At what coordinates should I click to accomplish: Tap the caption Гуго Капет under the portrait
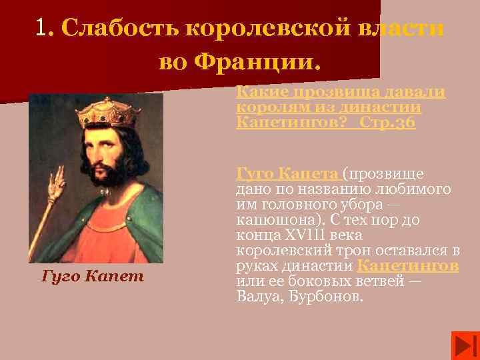[93, 275]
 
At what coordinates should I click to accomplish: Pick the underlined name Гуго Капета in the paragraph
[287, 175]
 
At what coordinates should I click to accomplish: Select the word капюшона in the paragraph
[267, 220]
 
